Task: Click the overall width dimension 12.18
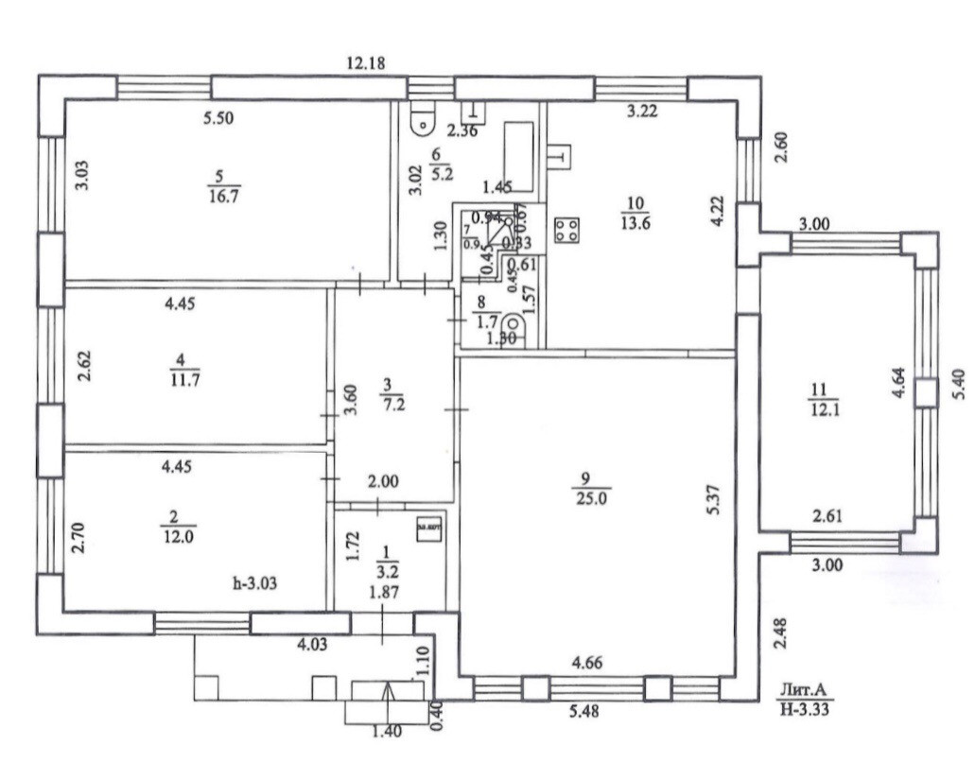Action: (x=369, y=63)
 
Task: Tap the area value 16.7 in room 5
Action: (x=223, y=195)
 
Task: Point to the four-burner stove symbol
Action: (x=567, y=229)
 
